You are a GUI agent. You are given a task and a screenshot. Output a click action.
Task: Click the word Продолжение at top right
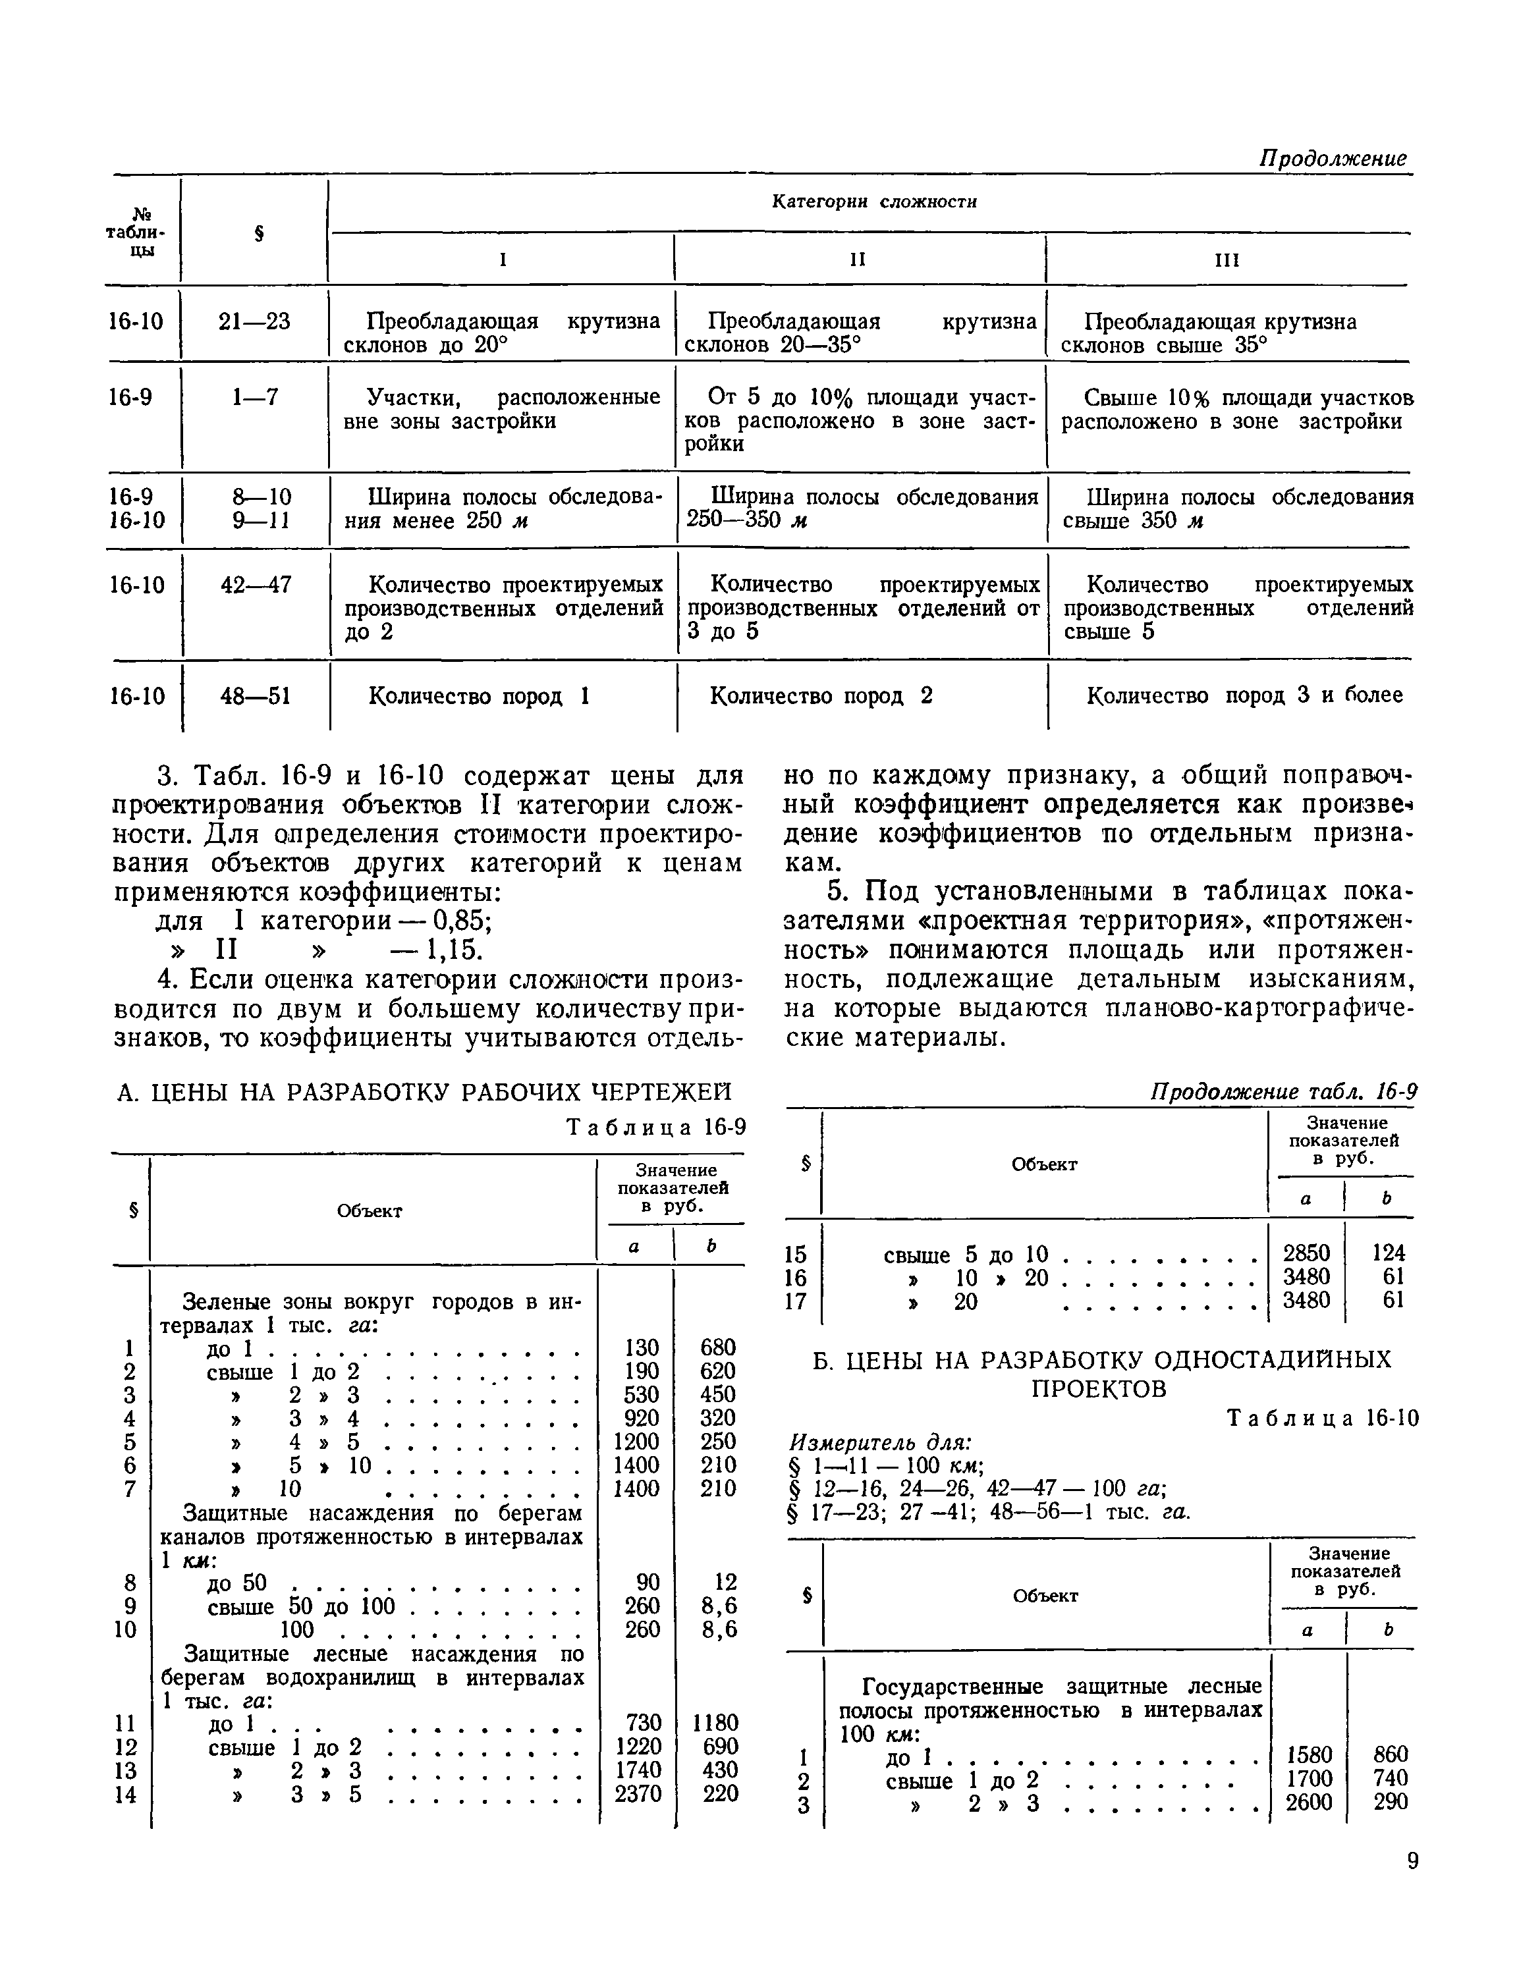pyautogui.click(x=1332, y=159)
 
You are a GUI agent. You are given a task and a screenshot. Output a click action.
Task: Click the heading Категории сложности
pyautogui.click(x=873, y=202)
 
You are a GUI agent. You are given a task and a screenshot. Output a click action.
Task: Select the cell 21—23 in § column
pyautogui.click(x=255, y=322)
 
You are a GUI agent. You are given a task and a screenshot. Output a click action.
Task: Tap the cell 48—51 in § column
pyautogui.click(x=256, y=697)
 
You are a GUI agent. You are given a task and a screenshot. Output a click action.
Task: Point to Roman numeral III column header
pyautogui.click(x=1227, y=261)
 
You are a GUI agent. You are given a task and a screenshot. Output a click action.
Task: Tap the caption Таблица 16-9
pyautogui.click(x=655, y=1128)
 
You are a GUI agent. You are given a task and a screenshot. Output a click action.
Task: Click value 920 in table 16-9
pyautogui.click(x=642, y=1418)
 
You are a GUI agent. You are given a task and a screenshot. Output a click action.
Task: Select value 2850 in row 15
pyautogui.click(x=1307, y=1254)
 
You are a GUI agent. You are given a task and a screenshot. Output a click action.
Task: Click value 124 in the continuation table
pyautogui.click(x=1388, y=1254)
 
